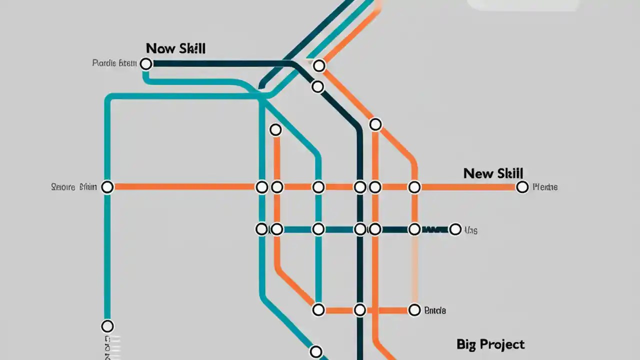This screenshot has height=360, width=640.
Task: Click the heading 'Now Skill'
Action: click(x=175, y=48)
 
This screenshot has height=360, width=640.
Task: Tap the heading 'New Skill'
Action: click(x=493, y=173)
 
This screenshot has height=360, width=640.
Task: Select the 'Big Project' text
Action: click(x=490, y=344)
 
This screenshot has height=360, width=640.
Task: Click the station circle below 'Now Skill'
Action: click(x=146, y=63)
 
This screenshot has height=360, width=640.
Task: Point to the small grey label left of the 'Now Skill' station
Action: click(x=114, y=63)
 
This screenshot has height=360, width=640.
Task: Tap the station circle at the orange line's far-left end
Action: click(x=107, y=187)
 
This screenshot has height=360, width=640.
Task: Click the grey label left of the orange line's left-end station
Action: click(x=74, y=187)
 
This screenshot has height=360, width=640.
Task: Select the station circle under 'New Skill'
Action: click(x=522, y=187)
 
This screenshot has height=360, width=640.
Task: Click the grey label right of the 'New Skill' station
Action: click(x=545, y=187)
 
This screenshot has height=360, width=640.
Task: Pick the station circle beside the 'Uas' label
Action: click(x=455, y=229)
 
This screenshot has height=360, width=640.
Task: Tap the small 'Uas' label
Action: click(x=470, y=230)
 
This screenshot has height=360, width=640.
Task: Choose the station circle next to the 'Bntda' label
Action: click(x=414, y=310)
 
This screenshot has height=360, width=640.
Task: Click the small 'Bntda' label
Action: click(x=434, y=310)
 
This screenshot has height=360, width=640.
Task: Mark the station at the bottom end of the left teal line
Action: click(x=107, y=326)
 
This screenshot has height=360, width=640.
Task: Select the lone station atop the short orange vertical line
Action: click(x=275, y=130)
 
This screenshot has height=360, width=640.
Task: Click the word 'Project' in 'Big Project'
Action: click(x=501, y=344)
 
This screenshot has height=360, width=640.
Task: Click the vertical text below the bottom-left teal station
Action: click(x=107, y=347)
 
